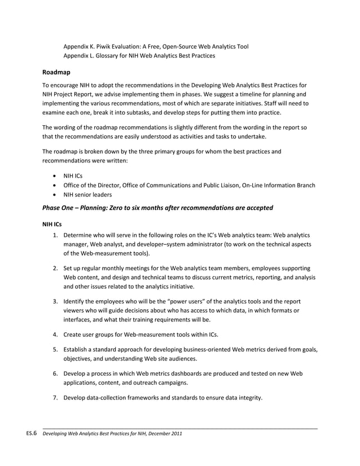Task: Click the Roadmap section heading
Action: click(x=56, y=72)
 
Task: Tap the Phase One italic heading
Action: click(x=157, y=208)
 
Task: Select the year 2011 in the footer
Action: click(x=175, y=433)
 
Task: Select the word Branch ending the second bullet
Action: click(x=304, y=186)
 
